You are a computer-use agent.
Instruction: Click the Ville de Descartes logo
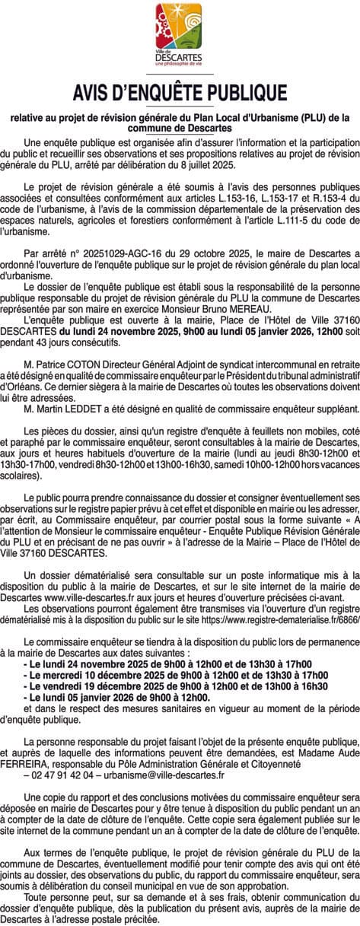pyautogui.click(x=180, y=35)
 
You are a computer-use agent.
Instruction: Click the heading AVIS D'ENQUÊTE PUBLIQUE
pyautogui.click(x=180, y=93)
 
